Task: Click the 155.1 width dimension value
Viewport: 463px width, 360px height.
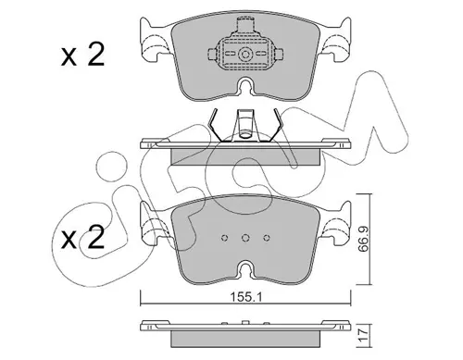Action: (246, 298)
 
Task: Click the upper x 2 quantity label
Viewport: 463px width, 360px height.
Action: (82, 56)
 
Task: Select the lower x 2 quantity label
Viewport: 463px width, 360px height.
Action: (82, 238)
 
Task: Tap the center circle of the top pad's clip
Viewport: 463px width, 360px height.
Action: (245, 55)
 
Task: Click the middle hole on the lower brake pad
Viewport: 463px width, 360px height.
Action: (245, 238)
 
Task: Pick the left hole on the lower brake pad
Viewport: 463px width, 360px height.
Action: (225, 238)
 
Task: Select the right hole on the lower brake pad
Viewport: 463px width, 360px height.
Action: (267, 238)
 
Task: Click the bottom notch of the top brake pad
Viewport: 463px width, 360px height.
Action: (245, 85)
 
